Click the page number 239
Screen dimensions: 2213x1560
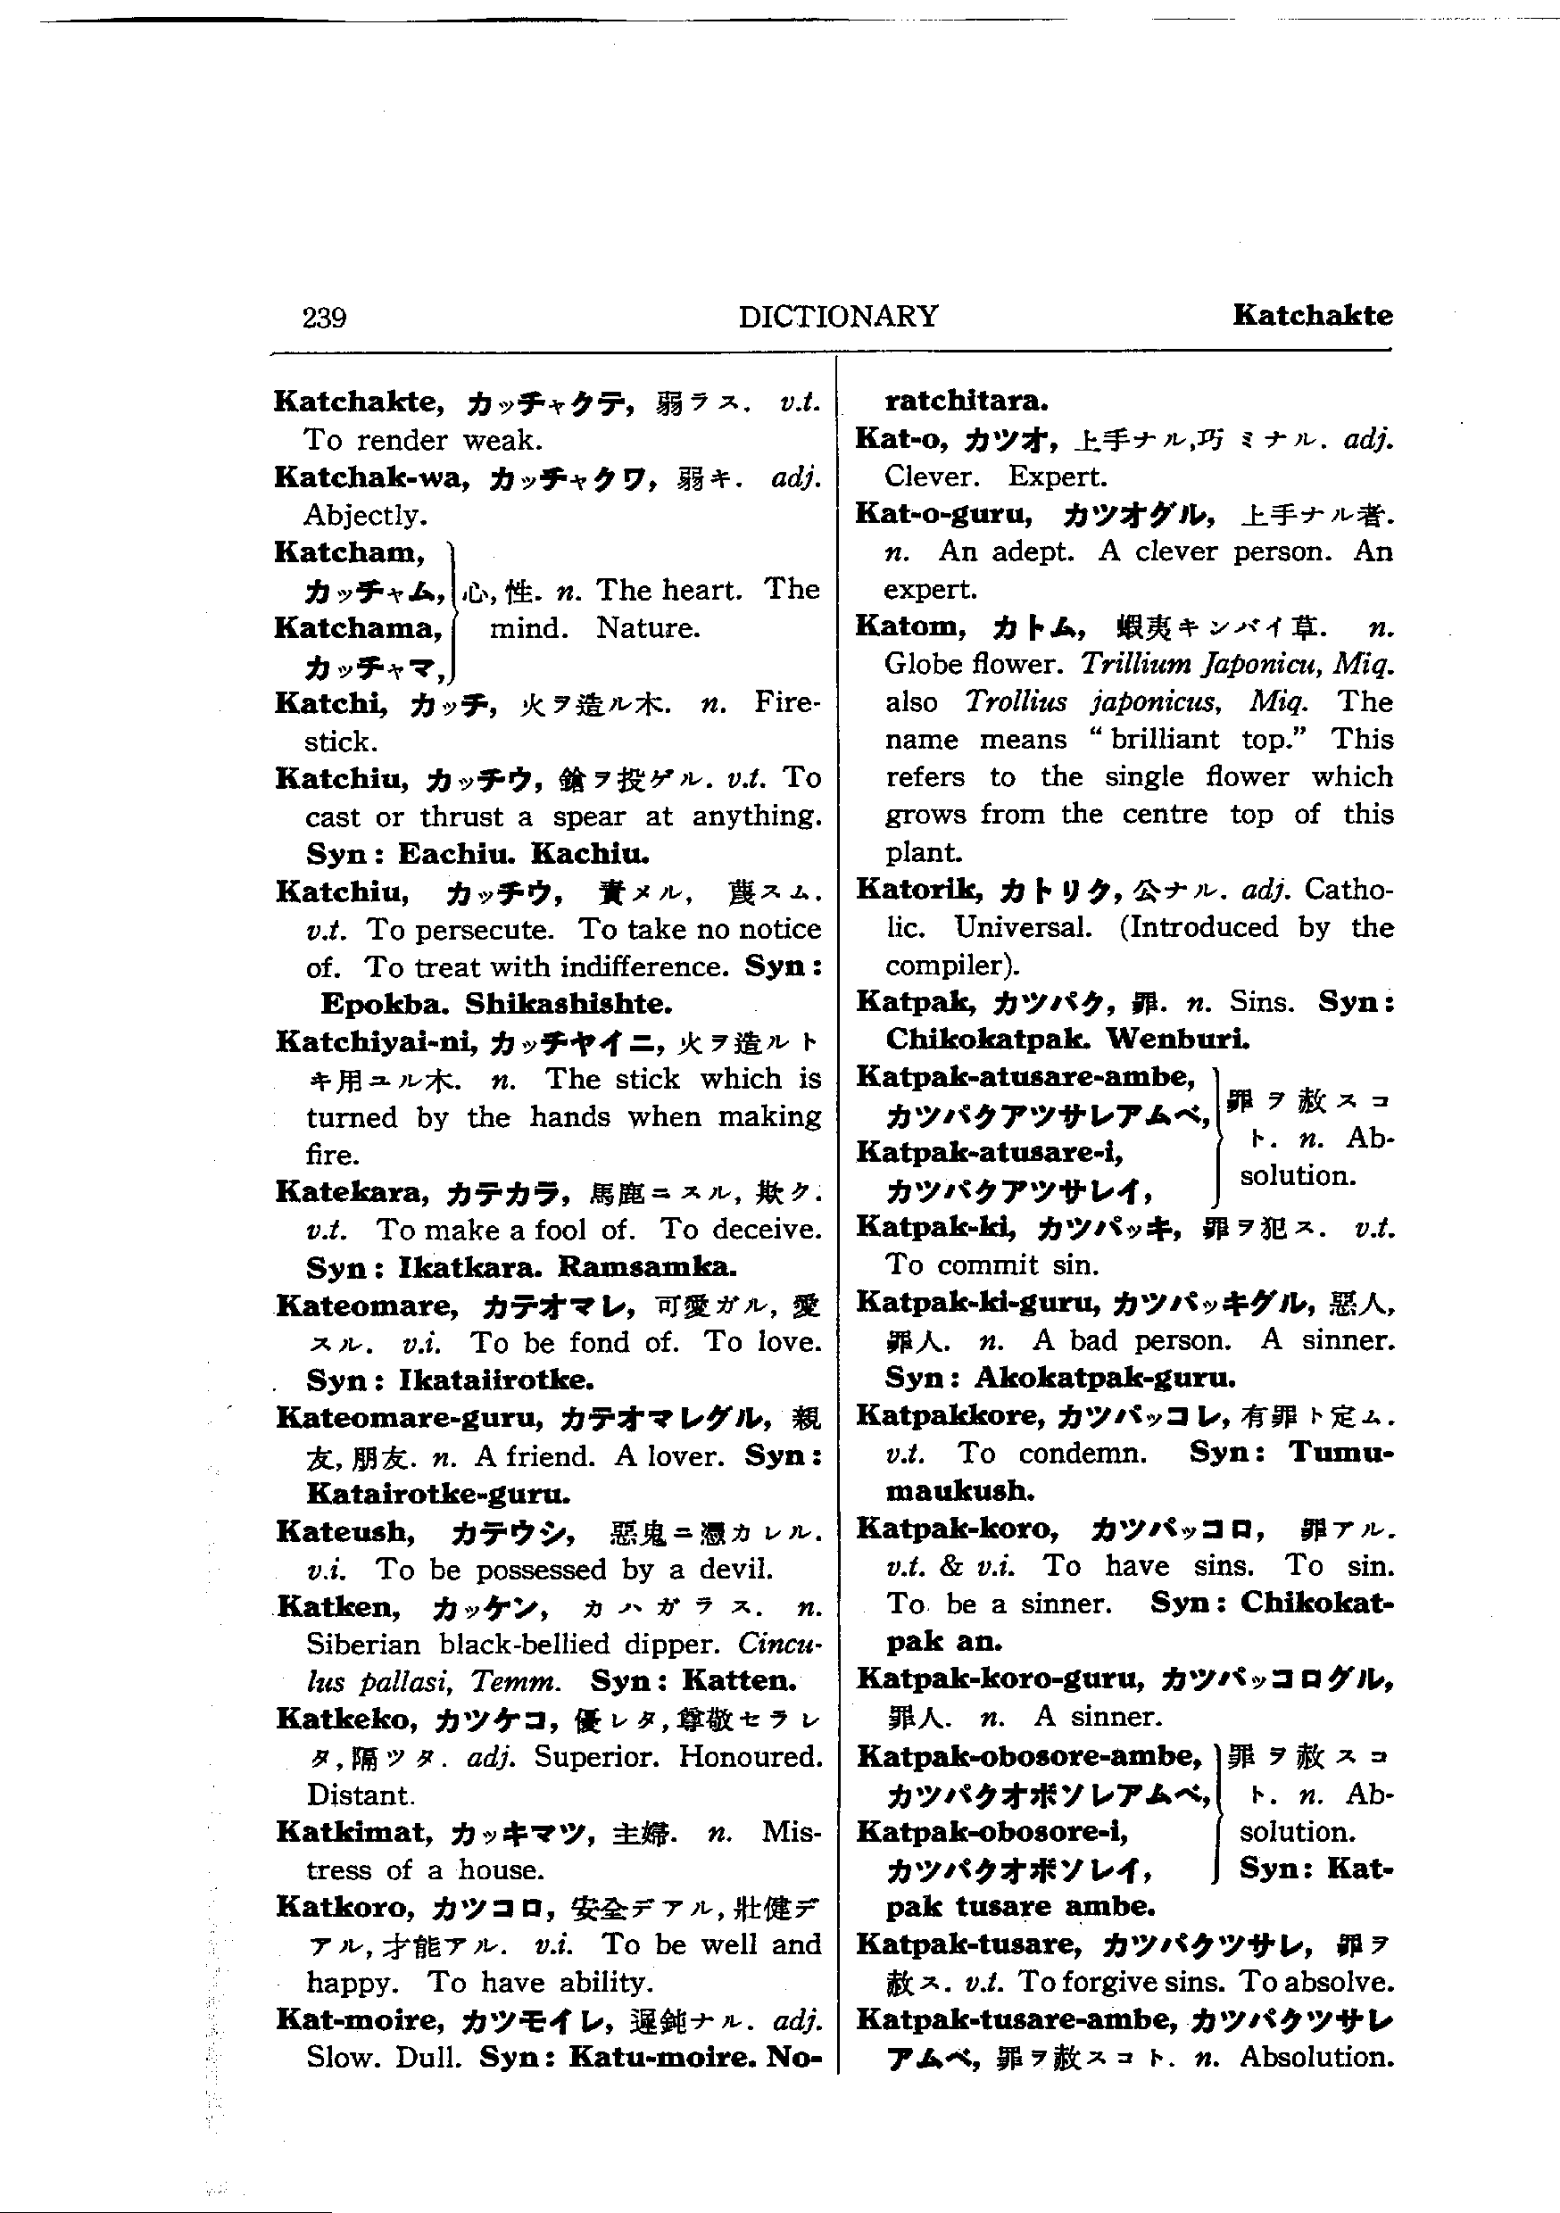[324, 317]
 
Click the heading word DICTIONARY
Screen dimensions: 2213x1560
[837, 316]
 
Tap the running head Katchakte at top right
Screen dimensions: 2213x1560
[1311, 315]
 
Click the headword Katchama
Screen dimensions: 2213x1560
[357, 627]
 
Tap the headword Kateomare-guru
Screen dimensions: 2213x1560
[408, 1418]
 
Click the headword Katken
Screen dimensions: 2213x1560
[337, 1607]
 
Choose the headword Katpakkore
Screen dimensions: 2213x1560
[950, 1416]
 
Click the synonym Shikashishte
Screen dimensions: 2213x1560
[568, 1005]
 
